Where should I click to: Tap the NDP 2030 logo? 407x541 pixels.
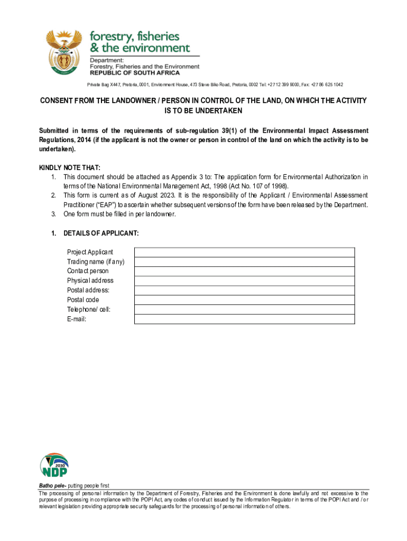tap(54, 465)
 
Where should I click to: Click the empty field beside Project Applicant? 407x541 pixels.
tap(244, 252)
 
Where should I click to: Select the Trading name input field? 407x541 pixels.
tap(244, 262)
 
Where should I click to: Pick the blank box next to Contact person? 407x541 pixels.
tap(244, 271)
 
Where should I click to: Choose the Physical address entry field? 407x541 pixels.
tap(244, 281)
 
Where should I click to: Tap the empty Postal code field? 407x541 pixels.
tap(244, 300)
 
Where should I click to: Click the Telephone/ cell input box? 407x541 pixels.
tap(244, 309)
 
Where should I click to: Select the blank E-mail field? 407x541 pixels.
tap(244, 319)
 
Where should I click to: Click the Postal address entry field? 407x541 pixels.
tap(244, 290)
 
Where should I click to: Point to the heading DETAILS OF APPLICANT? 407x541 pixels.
tap(101, 234)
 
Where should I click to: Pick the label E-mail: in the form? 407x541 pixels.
tap(77, 319)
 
